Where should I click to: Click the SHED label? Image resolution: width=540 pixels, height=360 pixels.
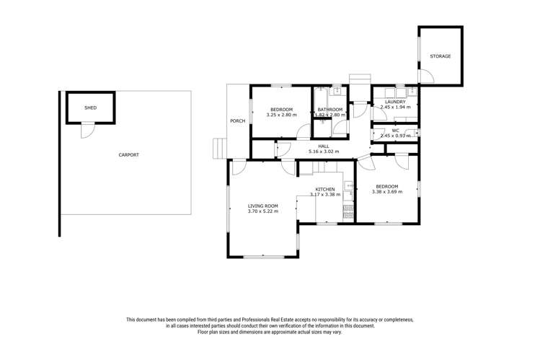pyautogui.click(x=90, y=107)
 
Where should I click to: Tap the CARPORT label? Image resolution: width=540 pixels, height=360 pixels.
pyautogui.click(x=129, y=154)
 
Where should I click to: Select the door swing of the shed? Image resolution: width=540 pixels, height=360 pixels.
pyautogui.click(x=87, y=131)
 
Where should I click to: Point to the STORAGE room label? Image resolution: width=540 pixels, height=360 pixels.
pyautogui.click(x=441, y=56)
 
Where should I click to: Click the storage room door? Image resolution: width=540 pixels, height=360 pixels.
pyautogui.click(x=426, y=75)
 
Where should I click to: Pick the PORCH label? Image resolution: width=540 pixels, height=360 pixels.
pyautogui.click(x=238, y=120)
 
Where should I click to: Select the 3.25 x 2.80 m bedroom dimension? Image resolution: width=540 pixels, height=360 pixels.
pyautogui.click(x=281, y=115)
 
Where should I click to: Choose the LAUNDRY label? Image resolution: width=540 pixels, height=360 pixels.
pyautogui.click(x=395, y=102)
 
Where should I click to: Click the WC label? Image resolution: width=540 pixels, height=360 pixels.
pyautogui.click(x=395, y=131)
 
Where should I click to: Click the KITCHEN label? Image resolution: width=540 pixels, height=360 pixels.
pyautogui.click(x=324, y=189)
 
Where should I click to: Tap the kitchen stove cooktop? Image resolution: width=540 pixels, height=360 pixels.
pyautogui.click(x=349, y=210)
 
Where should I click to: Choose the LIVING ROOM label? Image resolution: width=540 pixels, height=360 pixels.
pyautogui.click(x=262, y=206)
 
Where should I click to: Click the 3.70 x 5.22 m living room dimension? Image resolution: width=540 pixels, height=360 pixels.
pyautogui.click(x=262, y=211)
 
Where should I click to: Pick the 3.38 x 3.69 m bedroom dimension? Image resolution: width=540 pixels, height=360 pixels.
pyautogui.click(x=386, y=192)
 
